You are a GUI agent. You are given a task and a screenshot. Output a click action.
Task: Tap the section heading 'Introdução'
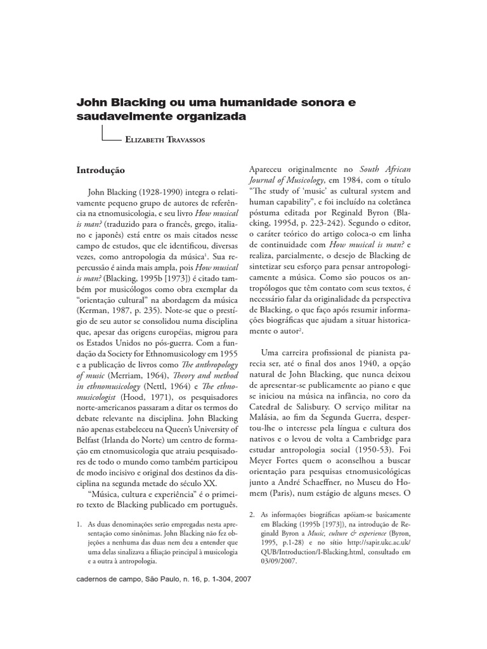tap(101, 170)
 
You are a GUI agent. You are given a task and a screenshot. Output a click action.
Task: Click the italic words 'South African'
tap(386, 170)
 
